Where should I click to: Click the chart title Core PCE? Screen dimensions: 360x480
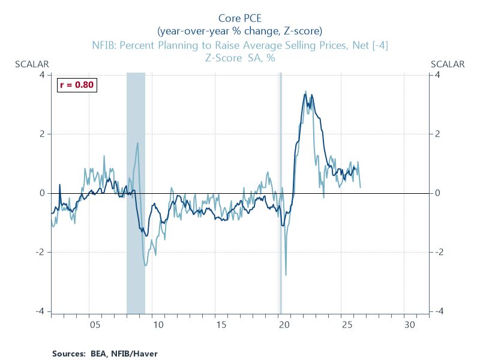tap(240, 19)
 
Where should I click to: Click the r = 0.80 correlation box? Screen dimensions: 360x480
tap(77, 85)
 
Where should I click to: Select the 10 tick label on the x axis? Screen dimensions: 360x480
tap(158, 325)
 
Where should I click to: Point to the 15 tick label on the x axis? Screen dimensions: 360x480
tap(221, 325)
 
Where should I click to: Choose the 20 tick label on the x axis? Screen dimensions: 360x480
tap(284, 325)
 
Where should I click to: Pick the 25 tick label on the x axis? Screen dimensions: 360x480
tap(347, 325)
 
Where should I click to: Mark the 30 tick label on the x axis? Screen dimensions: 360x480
tap(410, 325)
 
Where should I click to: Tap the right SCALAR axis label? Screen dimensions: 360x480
tap(448, 64)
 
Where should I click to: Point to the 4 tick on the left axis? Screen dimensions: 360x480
tap(42, 74)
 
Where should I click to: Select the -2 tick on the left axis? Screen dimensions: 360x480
tap(40, 252)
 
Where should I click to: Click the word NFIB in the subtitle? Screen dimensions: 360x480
tap(105, 45)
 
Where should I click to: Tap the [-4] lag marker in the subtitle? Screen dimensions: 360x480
tap(377, 45)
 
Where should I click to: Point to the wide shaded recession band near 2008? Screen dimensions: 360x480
tap(136, 192)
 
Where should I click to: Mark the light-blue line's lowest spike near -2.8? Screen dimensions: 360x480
tap(286, 275)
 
